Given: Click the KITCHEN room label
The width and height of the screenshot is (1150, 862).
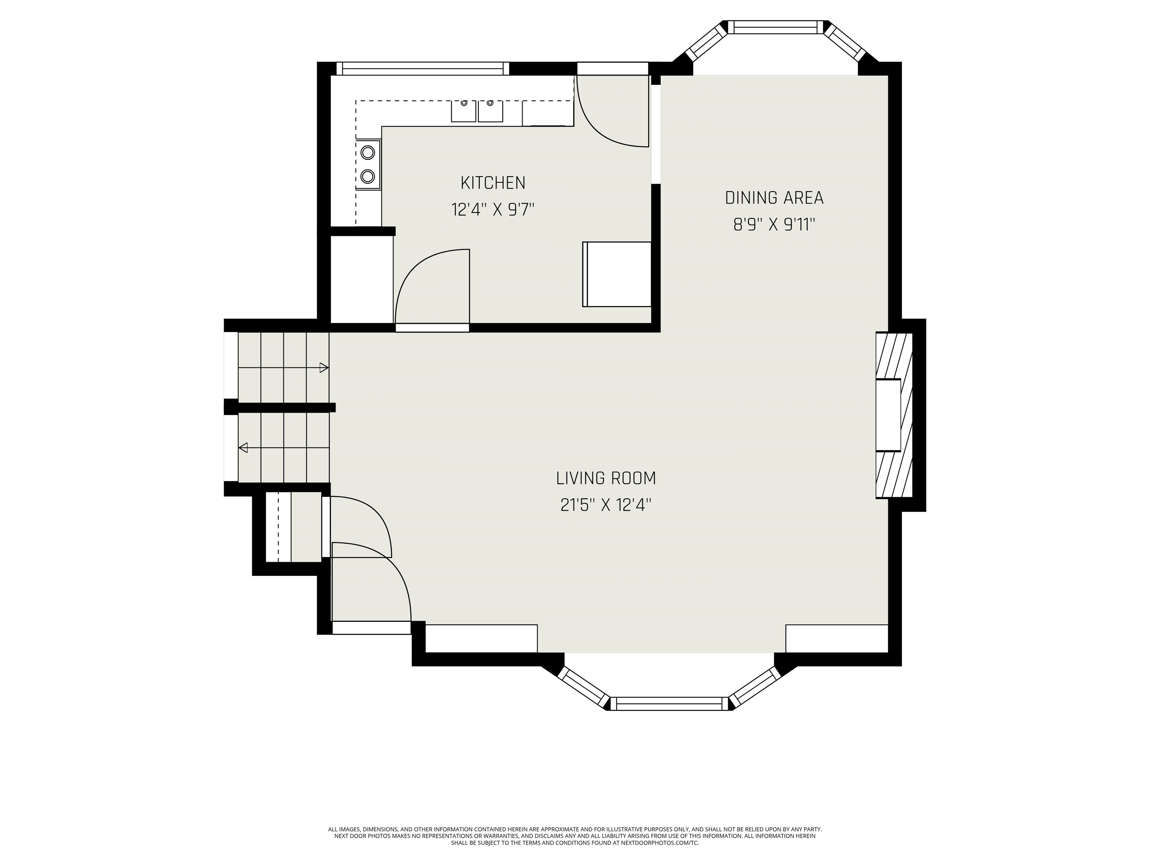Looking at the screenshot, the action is point(493,183).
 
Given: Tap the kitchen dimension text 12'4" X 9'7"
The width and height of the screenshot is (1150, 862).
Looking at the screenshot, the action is point(493,210).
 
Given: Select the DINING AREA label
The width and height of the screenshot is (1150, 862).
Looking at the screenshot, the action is point(774,198).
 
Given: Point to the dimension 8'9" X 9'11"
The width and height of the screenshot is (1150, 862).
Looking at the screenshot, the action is point(774,224).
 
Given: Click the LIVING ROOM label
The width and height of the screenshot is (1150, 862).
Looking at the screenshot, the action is point(606,478).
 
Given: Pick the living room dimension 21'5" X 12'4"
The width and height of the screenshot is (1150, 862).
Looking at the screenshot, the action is point(606,505).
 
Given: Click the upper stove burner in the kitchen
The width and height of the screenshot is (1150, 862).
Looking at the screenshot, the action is point(368,153).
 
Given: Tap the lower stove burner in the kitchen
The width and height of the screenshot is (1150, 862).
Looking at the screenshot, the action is point(368,177).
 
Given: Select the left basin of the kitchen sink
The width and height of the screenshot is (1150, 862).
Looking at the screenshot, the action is point(463,111).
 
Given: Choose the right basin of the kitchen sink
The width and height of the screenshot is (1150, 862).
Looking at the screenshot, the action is point(490,111).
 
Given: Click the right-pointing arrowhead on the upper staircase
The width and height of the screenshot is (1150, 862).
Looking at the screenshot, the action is point(324,368).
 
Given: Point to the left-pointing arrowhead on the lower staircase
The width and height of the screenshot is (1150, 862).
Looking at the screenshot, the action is point(243,447).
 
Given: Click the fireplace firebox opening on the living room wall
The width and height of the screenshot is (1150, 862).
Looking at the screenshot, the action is point(888,416).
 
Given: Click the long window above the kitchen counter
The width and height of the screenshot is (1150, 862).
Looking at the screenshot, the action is point(423,68).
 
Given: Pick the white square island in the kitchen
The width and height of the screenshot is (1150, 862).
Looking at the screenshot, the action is point(617,274).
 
